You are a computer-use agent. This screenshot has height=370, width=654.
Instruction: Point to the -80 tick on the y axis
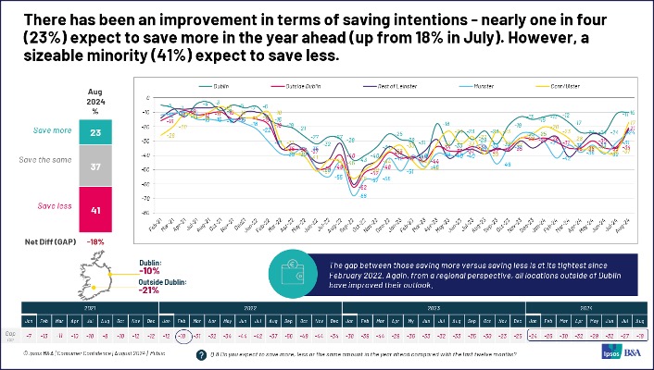point(134,214)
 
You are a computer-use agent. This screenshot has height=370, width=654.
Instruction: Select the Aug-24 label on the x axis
point(630,227)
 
